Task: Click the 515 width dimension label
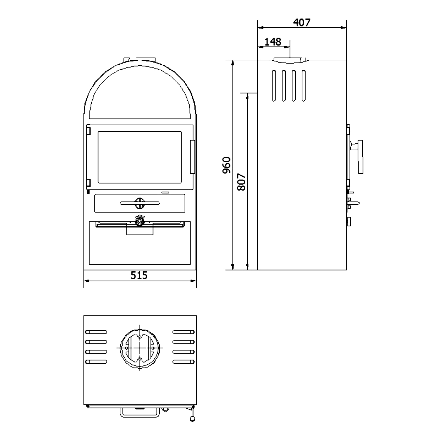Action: (x=139, y=275)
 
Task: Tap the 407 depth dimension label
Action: (x=302, y=22)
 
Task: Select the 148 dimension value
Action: (x=273, y=42)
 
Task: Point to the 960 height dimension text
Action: (x=227, y=165)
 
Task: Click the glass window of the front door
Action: (x=140, y=157)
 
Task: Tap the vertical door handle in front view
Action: (x=193, y=157)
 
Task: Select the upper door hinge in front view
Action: (x=88, y=130)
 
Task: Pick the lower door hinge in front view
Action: (x=88, y=183)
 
